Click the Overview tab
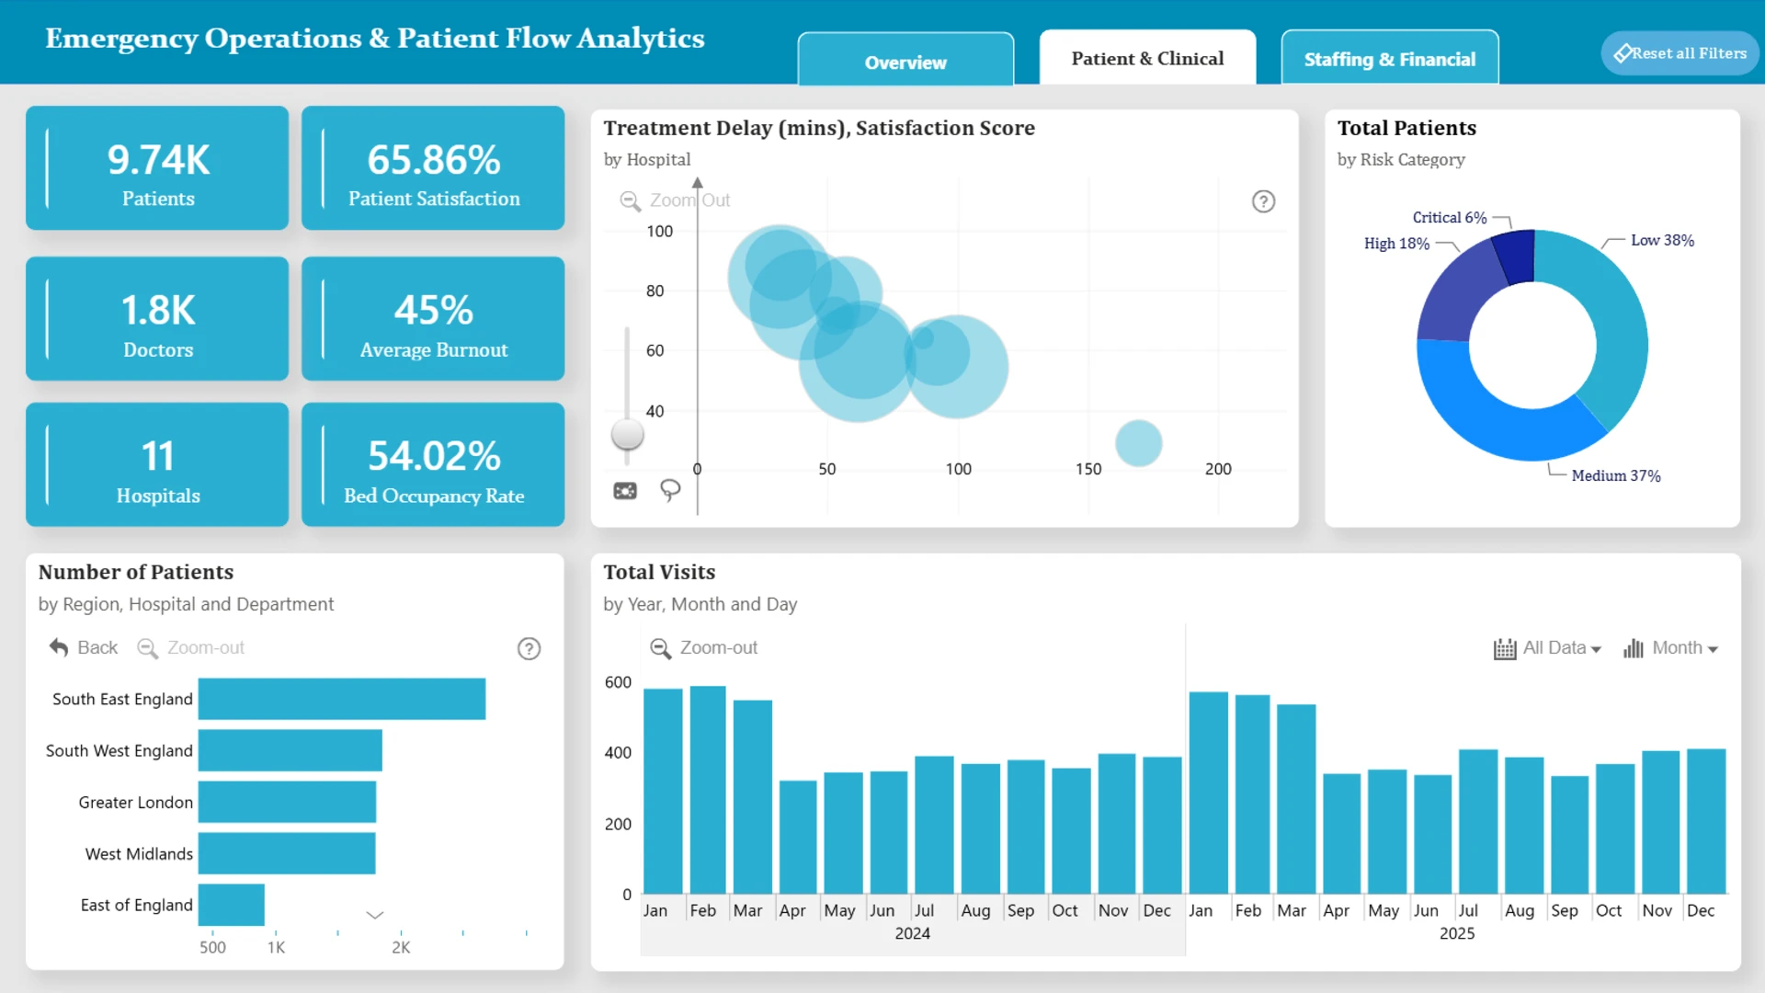pos(905,61)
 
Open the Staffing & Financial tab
pos(1389,59)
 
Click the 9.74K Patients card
pos(157,168)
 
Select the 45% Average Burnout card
pos(433,319)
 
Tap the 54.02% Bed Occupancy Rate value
pos(434,456)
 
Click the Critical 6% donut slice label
pos(1449,217)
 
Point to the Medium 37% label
pos(1616,475)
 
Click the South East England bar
pos(342,699)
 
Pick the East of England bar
pos(232,905)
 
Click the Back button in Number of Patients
pos(84,647)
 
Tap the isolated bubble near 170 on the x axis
pos(1139,443)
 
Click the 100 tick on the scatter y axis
pos(659,231)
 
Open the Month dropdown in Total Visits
pos(1670,648)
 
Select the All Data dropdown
pos(1547,648)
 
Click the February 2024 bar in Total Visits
pos(708,790)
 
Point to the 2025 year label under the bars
pos(1457,933)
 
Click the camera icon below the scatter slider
pos(625,491)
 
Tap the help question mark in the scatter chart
pos(1264,201)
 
